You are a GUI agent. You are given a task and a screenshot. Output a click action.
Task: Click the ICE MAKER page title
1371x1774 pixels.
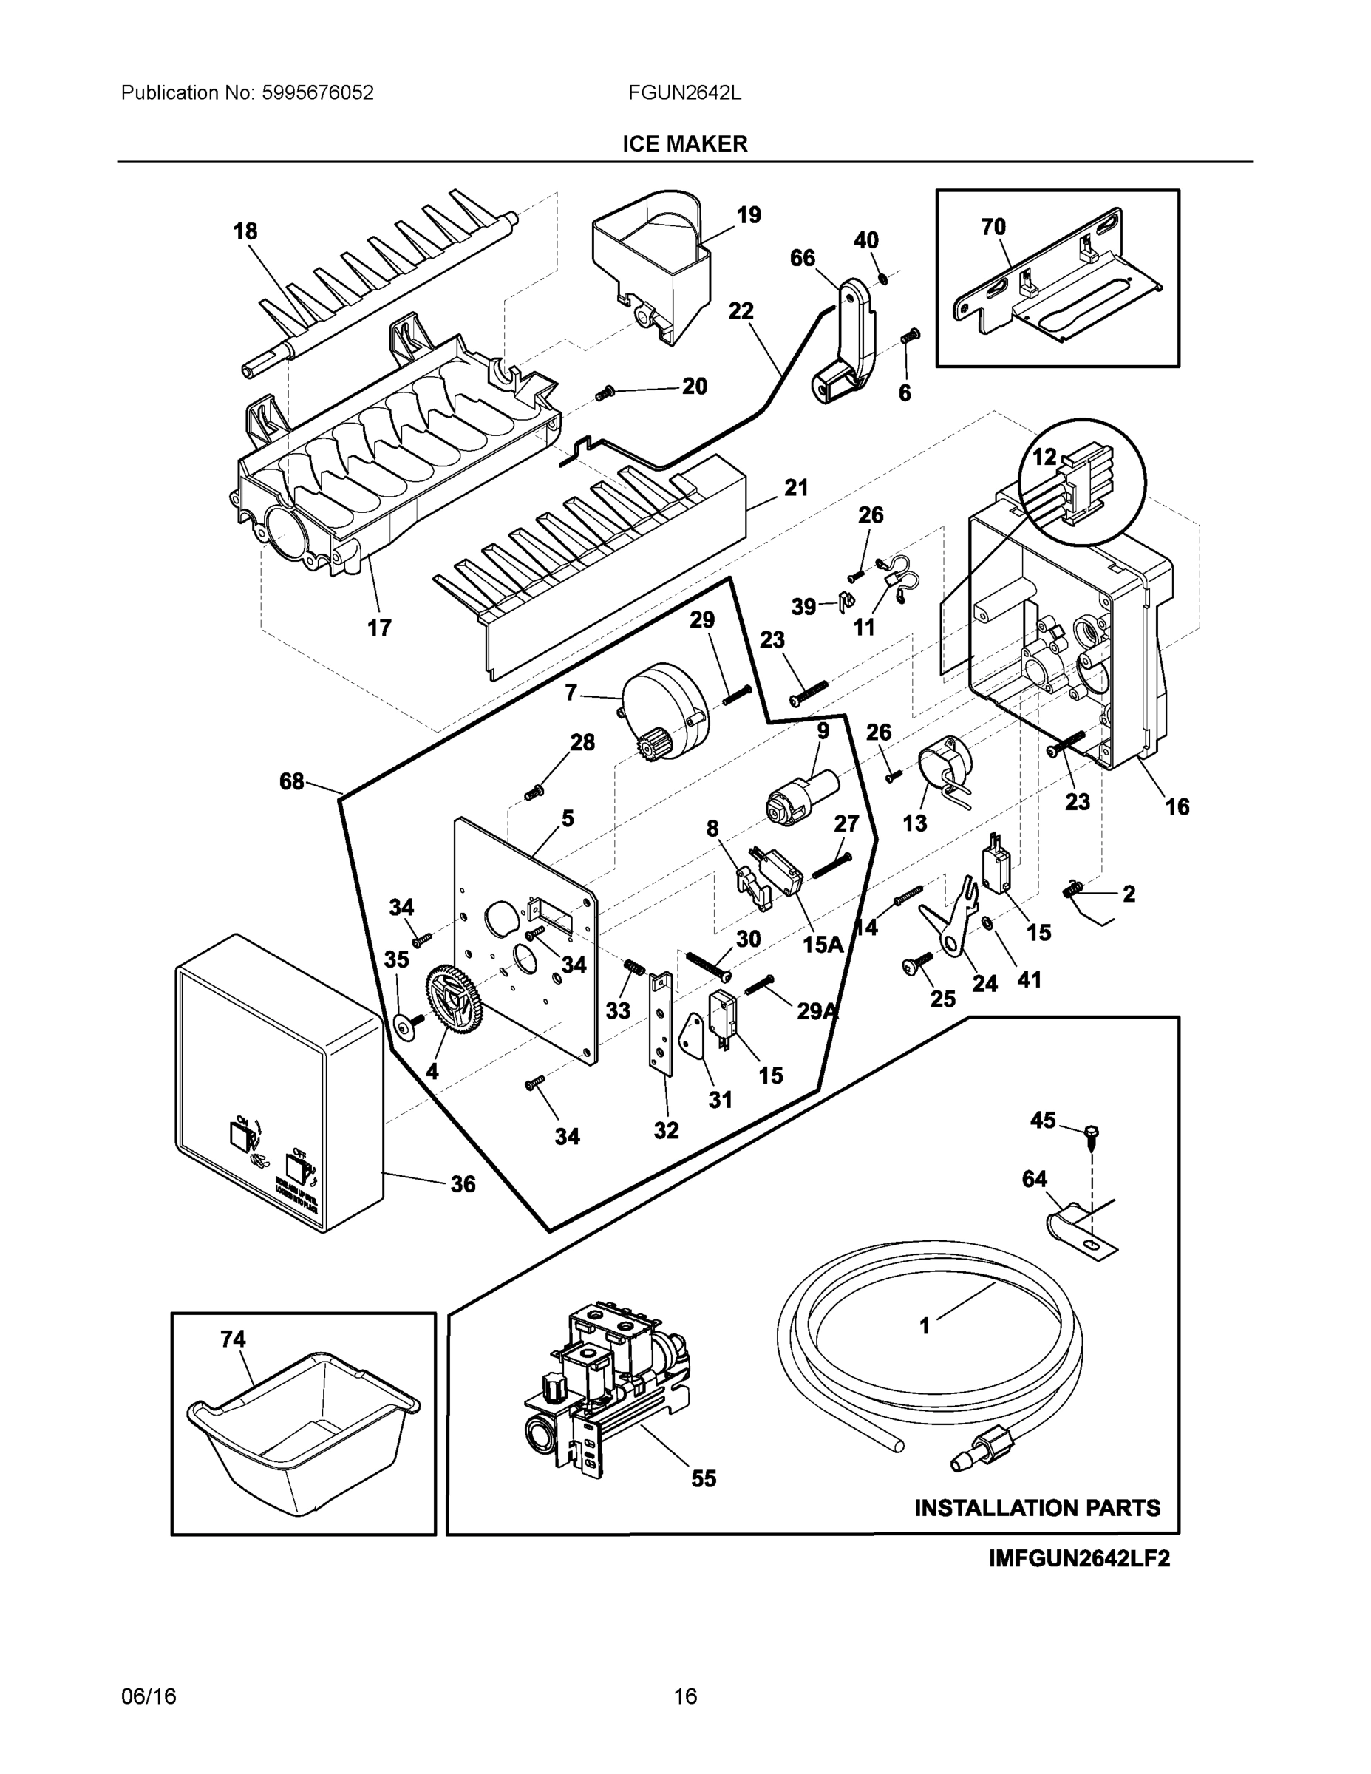(684, 144)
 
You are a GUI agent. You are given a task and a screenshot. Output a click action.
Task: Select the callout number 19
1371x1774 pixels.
(748, 215)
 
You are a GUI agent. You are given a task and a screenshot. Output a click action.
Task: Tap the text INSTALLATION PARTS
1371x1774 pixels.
(1037, 1508)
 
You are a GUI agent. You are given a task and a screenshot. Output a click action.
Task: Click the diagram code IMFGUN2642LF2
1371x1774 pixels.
(1079, 1559)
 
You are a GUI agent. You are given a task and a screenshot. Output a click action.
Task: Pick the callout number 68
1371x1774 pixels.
(292, 781)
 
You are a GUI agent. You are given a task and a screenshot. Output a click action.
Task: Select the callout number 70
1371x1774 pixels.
(993, 227)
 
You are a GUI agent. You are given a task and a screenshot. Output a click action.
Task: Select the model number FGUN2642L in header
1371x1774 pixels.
(684, 92)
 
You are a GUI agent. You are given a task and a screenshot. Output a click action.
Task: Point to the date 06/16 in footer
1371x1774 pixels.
(148, 1697)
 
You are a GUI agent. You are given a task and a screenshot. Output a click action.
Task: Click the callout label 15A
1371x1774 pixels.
(823, 945)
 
